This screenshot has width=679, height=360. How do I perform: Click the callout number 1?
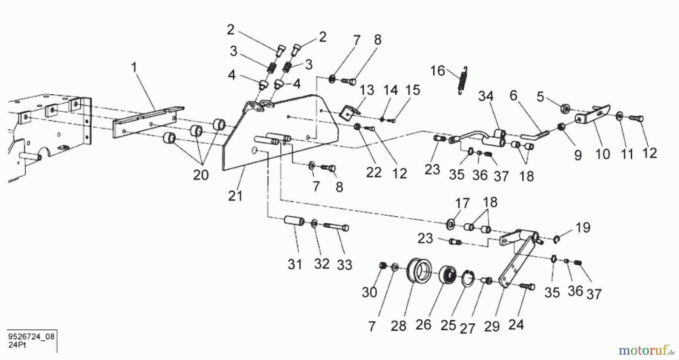click(x=134, y=68)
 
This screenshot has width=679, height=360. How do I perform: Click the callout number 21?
click(x=235, y=196)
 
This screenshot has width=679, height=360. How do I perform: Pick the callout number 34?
click(x=486, y=97)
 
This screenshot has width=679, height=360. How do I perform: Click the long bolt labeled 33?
click(x=336, y=227)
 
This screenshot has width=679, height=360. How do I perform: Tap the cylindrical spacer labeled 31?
click(x=294, y=221)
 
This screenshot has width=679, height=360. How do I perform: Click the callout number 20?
click(x=201, y=175)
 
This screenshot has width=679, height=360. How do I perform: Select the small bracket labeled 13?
click(x=349, y=113)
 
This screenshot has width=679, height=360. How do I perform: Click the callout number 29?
click(x=492, y=326)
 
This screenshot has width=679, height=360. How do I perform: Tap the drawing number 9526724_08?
click(x=31, y=337)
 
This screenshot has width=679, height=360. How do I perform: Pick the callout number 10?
click(x=602, y=153)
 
